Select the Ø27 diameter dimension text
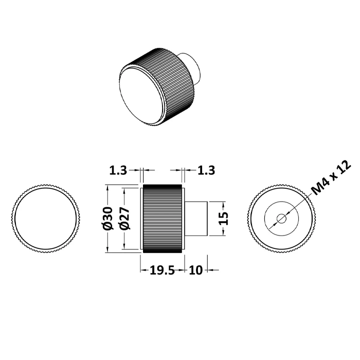pyautogui.click(x=124, y=219)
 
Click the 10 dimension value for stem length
pyautogui.click(x=195, y=270)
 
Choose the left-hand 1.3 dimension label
pyautogui.click(x=118, y=170)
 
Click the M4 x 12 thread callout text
pyautogui.click(x=332, y=177)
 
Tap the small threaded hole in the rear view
pyautogui.click(x=281, y=219)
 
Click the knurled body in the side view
pyautogui.click(x=163, y=219)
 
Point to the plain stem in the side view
pyautogui.click(x=196, y=219)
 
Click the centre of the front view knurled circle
pyautogui.click(x=46, y=219)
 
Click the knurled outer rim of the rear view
pyautogui.click(x=281, y=186)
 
